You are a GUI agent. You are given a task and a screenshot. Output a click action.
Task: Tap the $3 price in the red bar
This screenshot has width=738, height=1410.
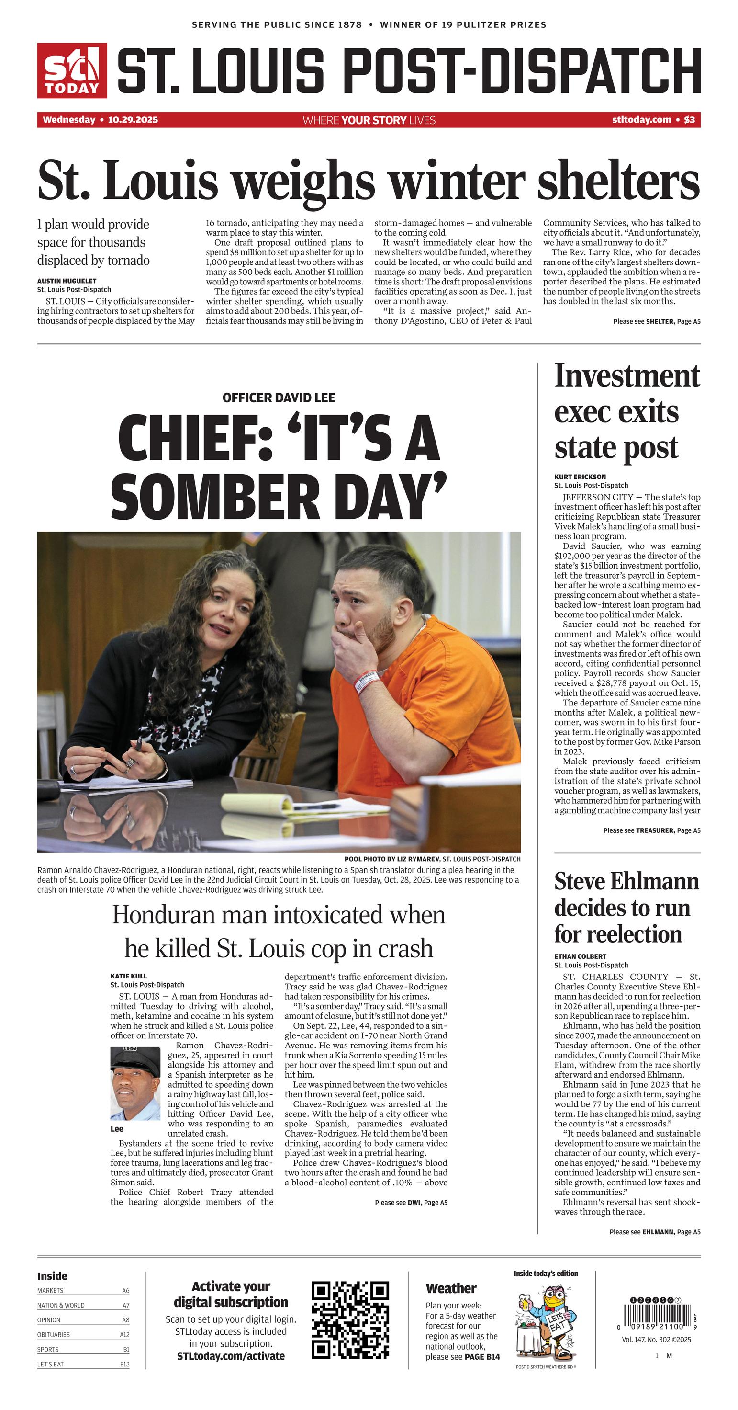[689, 120]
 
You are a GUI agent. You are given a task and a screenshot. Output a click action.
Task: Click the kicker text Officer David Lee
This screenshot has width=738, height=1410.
[279, 398]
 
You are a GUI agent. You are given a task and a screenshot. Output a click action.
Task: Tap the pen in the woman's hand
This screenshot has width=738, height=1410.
[139, 744]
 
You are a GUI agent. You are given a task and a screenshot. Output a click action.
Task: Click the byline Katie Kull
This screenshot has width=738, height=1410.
[129, 976]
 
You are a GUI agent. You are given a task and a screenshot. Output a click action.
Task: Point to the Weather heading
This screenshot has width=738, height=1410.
[451, 1288]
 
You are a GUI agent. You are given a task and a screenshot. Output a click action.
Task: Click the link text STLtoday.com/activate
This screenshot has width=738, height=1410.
[231, 1356]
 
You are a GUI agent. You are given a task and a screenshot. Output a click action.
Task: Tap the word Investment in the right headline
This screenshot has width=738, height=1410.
[627, 376]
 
